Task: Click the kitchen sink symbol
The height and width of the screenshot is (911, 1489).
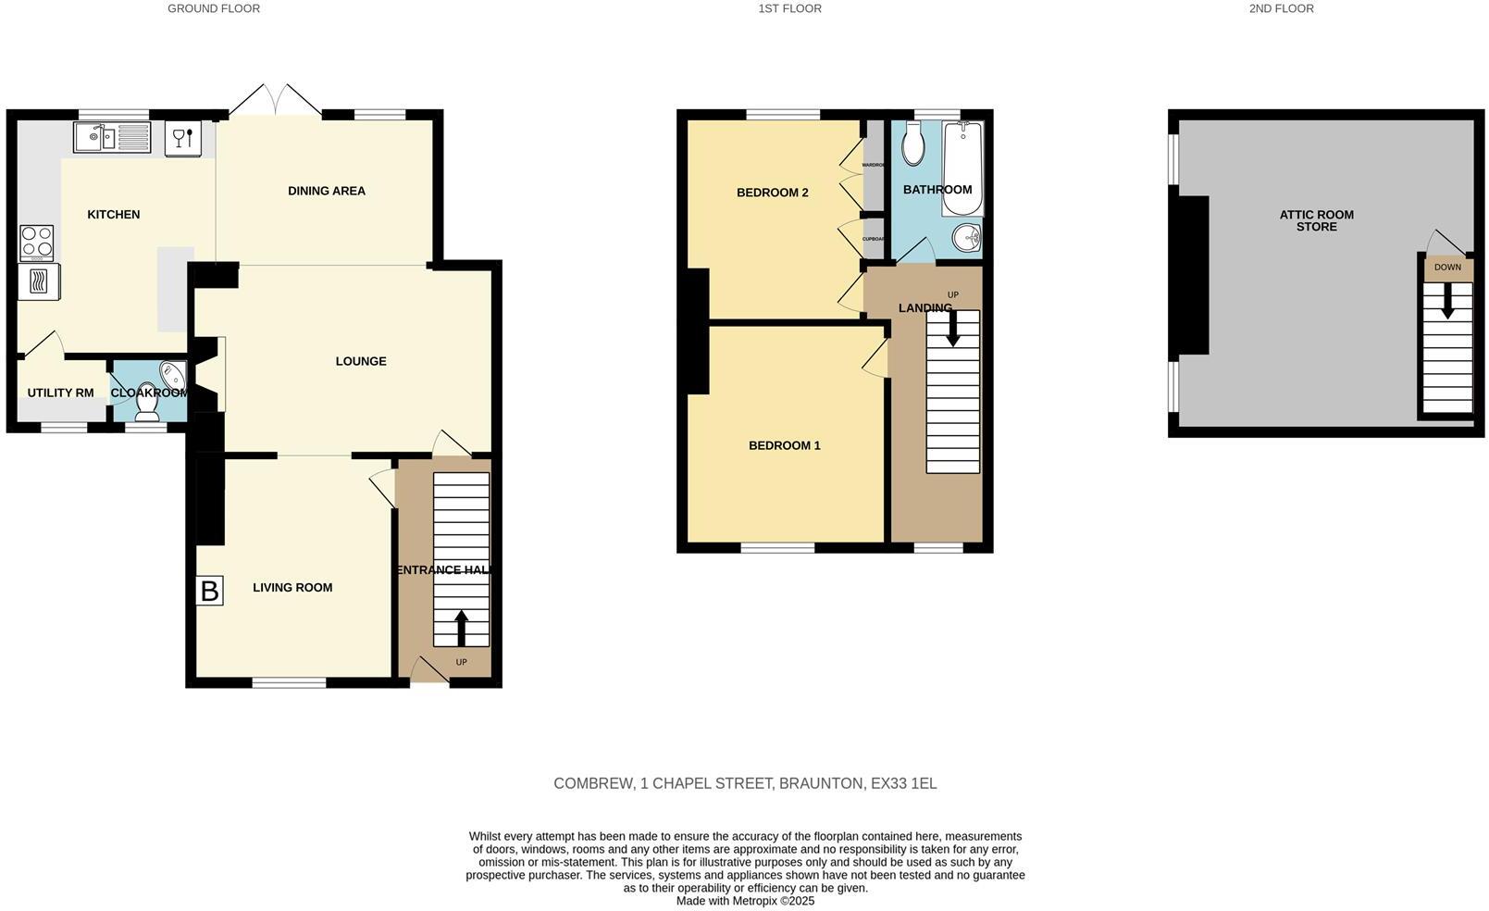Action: point(112,138)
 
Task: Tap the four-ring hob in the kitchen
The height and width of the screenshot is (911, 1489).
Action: point(37,243)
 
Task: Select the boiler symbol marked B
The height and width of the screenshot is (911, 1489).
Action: point(210,591)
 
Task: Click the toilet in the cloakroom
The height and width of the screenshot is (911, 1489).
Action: point(148,405)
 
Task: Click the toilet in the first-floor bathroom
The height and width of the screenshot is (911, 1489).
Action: point(912,145)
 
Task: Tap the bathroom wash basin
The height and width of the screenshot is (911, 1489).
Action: point(967,238)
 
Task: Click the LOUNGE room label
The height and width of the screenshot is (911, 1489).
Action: point(361,361)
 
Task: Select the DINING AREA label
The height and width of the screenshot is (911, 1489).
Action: point(327,191)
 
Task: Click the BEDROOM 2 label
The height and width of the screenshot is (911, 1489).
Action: point(772,193)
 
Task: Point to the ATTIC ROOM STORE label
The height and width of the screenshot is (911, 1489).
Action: point(1316,220)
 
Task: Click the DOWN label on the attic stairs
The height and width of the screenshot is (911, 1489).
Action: point(1447,268)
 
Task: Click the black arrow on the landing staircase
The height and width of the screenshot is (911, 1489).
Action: point(952,329)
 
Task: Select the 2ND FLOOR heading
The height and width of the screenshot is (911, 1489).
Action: point(1281,8)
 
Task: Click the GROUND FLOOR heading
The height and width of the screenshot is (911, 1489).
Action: point(214,8)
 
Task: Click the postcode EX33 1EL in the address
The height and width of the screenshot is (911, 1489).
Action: point(903,783)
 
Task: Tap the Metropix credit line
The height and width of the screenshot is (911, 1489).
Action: point(745,901)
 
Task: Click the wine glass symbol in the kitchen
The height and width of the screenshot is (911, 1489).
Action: point(182,138)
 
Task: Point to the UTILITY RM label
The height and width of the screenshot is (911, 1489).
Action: point(60,393)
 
